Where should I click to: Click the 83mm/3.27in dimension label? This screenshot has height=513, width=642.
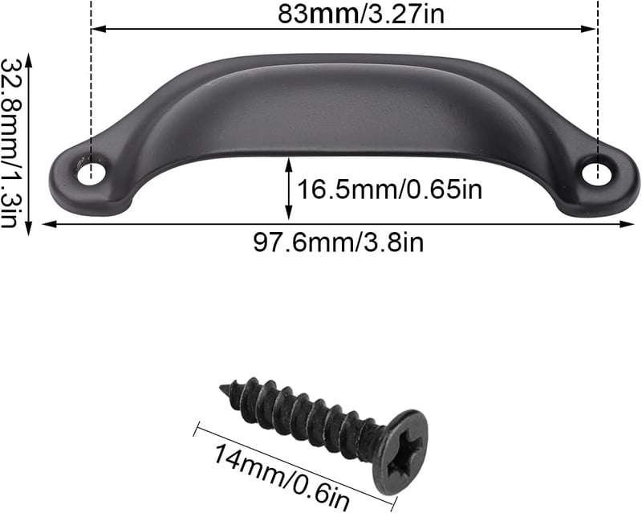pyautogui.click(x=360, y=14)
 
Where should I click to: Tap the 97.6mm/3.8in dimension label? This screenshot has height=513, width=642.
pyautogui.click(x=338, y=242)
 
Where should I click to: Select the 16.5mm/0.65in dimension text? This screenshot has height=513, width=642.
pyautogui.click(x=389, y=189)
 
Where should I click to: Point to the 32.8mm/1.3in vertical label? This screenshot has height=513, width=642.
pyautogui.click(x=9, y=143)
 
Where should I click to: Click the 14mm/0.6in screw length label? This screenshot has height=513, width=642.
pyautogui.click(x=282, y=476)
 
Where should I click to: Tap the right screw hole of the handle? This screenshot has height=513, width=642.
pyautogui.click(x=596, y=173)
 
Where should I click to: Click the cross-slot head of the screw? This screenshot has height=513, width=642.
pyautogui.click(x=400, y=452)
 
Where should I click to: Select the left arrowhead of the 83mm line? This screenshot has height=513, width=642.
pyautogui.click(x=98, y=29)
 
